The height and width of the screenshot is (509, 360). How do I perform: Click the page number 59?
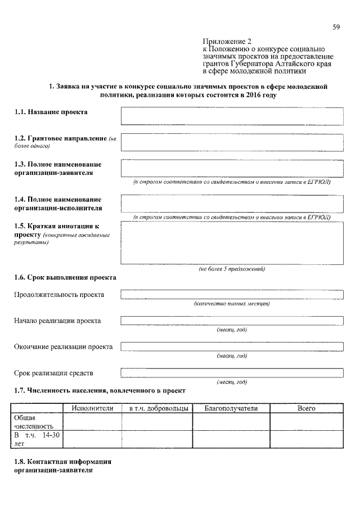pos(336,26)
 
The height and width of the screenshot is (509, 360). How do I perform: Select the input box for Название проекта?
pos(232,116)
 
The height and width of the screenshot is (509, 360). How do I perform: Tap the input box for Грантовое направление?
pos(232,142)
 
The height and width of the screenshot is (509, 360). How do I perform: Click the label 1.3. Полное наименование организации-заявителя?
pos(58,168)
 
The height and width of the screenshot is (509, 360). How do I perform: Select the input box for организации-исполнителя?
pos(232,204)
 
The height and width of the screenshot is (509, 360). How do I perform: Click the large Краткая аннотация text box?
pos(232,244)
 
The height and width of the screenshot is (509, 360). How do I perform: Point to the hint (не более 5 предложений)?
pos(232,269)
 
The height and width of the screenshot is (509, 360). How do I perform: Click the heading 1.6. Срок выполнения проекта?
pos(65,278)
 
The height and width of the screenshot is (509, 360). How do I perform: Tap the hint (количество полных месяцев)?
pos(232,304)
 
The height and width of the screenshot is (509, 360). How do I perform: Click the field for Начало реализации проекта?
pos(232,321)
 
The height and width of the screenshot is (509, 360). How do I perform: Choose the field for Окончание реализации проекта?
pos(232,347)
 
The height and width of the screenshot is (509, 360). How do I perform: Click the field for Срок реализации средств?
pos(232,373)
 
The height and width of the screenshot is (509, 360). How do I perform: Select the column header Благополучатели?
pos(231,408)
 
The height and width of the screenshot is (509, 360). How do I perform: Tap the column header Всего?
pos(306,408)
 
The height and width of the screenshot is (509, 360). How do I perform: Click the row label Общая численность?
pos(33,422)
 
